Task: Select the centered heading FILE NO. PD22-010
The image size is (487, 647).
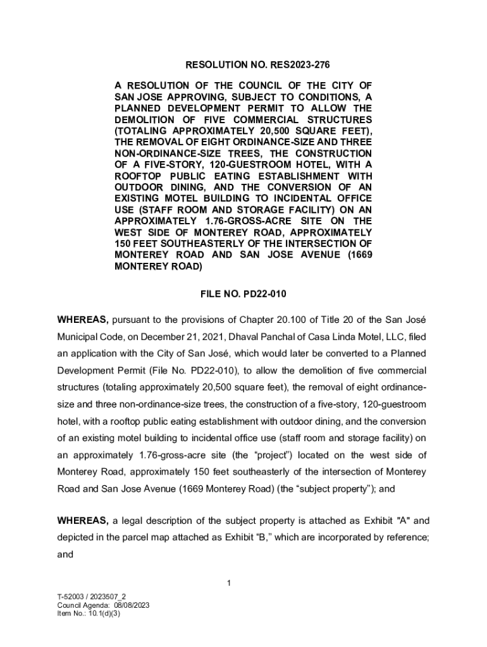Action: tap(243, 294)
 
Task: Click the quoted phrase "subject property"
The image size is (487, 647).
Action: tap(340, 488)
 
